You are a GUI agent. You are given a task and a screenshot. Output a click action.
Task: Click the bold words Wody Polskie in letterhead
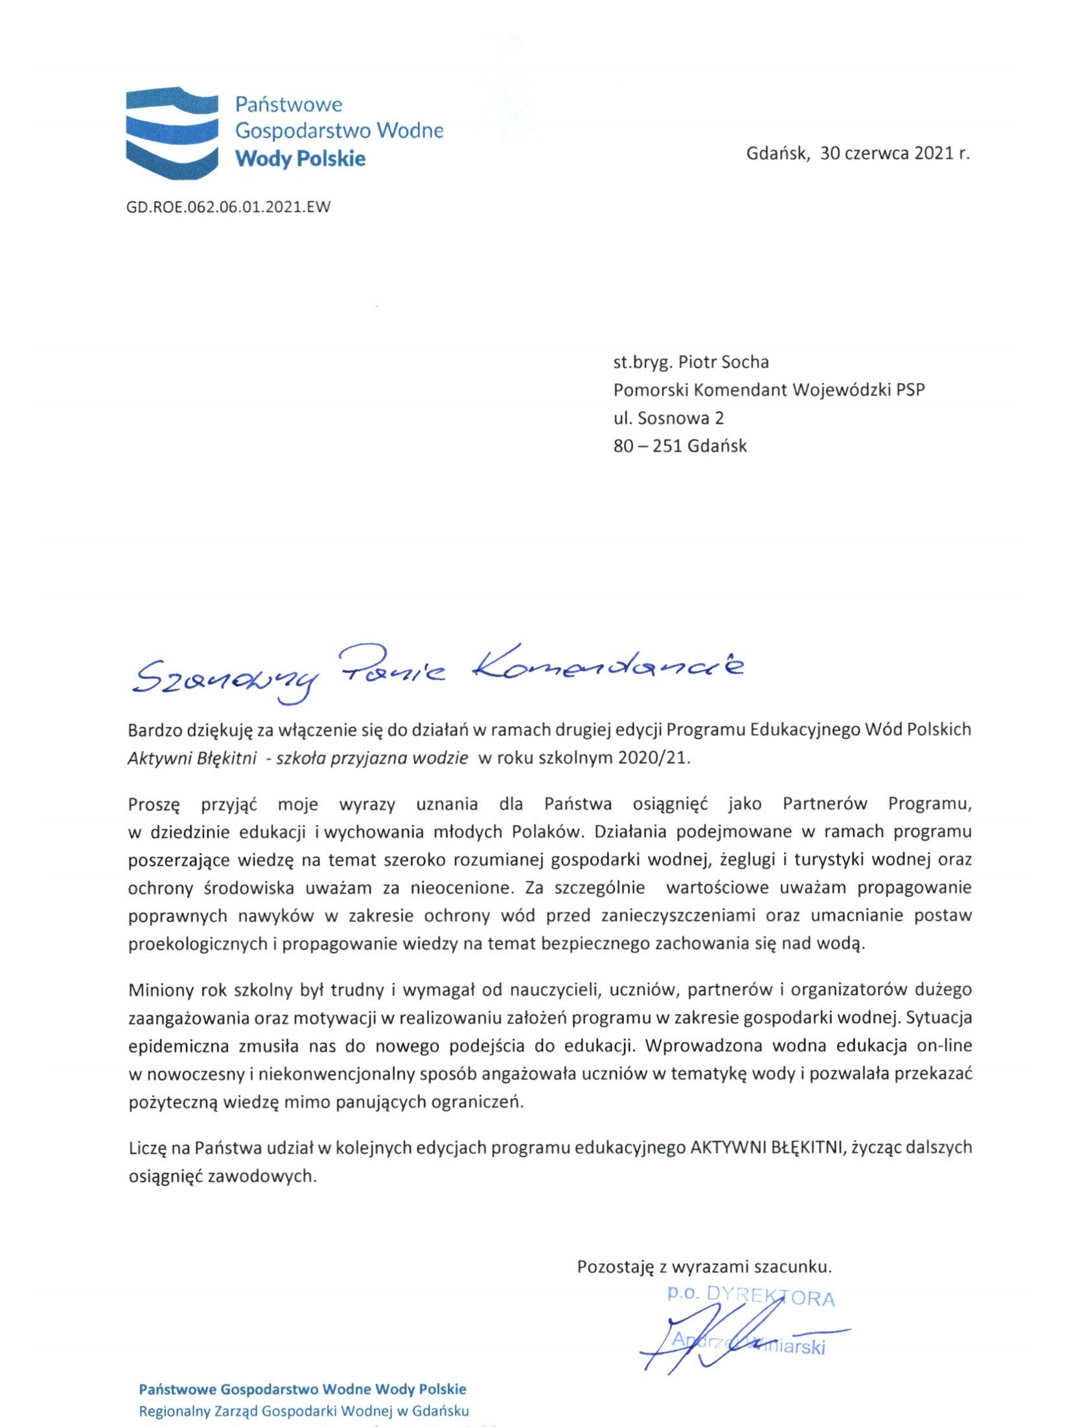[x=300, y=159]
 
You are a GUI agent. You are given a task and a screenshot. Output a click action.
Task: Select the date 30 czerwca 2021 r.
[x=894, y=154]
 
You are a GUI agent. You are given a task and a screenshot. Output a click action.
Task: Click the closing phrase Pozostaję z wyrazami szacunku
[x=704, y=1266]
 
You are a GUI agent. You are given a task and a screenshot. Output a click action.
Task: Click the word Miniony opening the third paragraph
[x=155, y=990]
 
